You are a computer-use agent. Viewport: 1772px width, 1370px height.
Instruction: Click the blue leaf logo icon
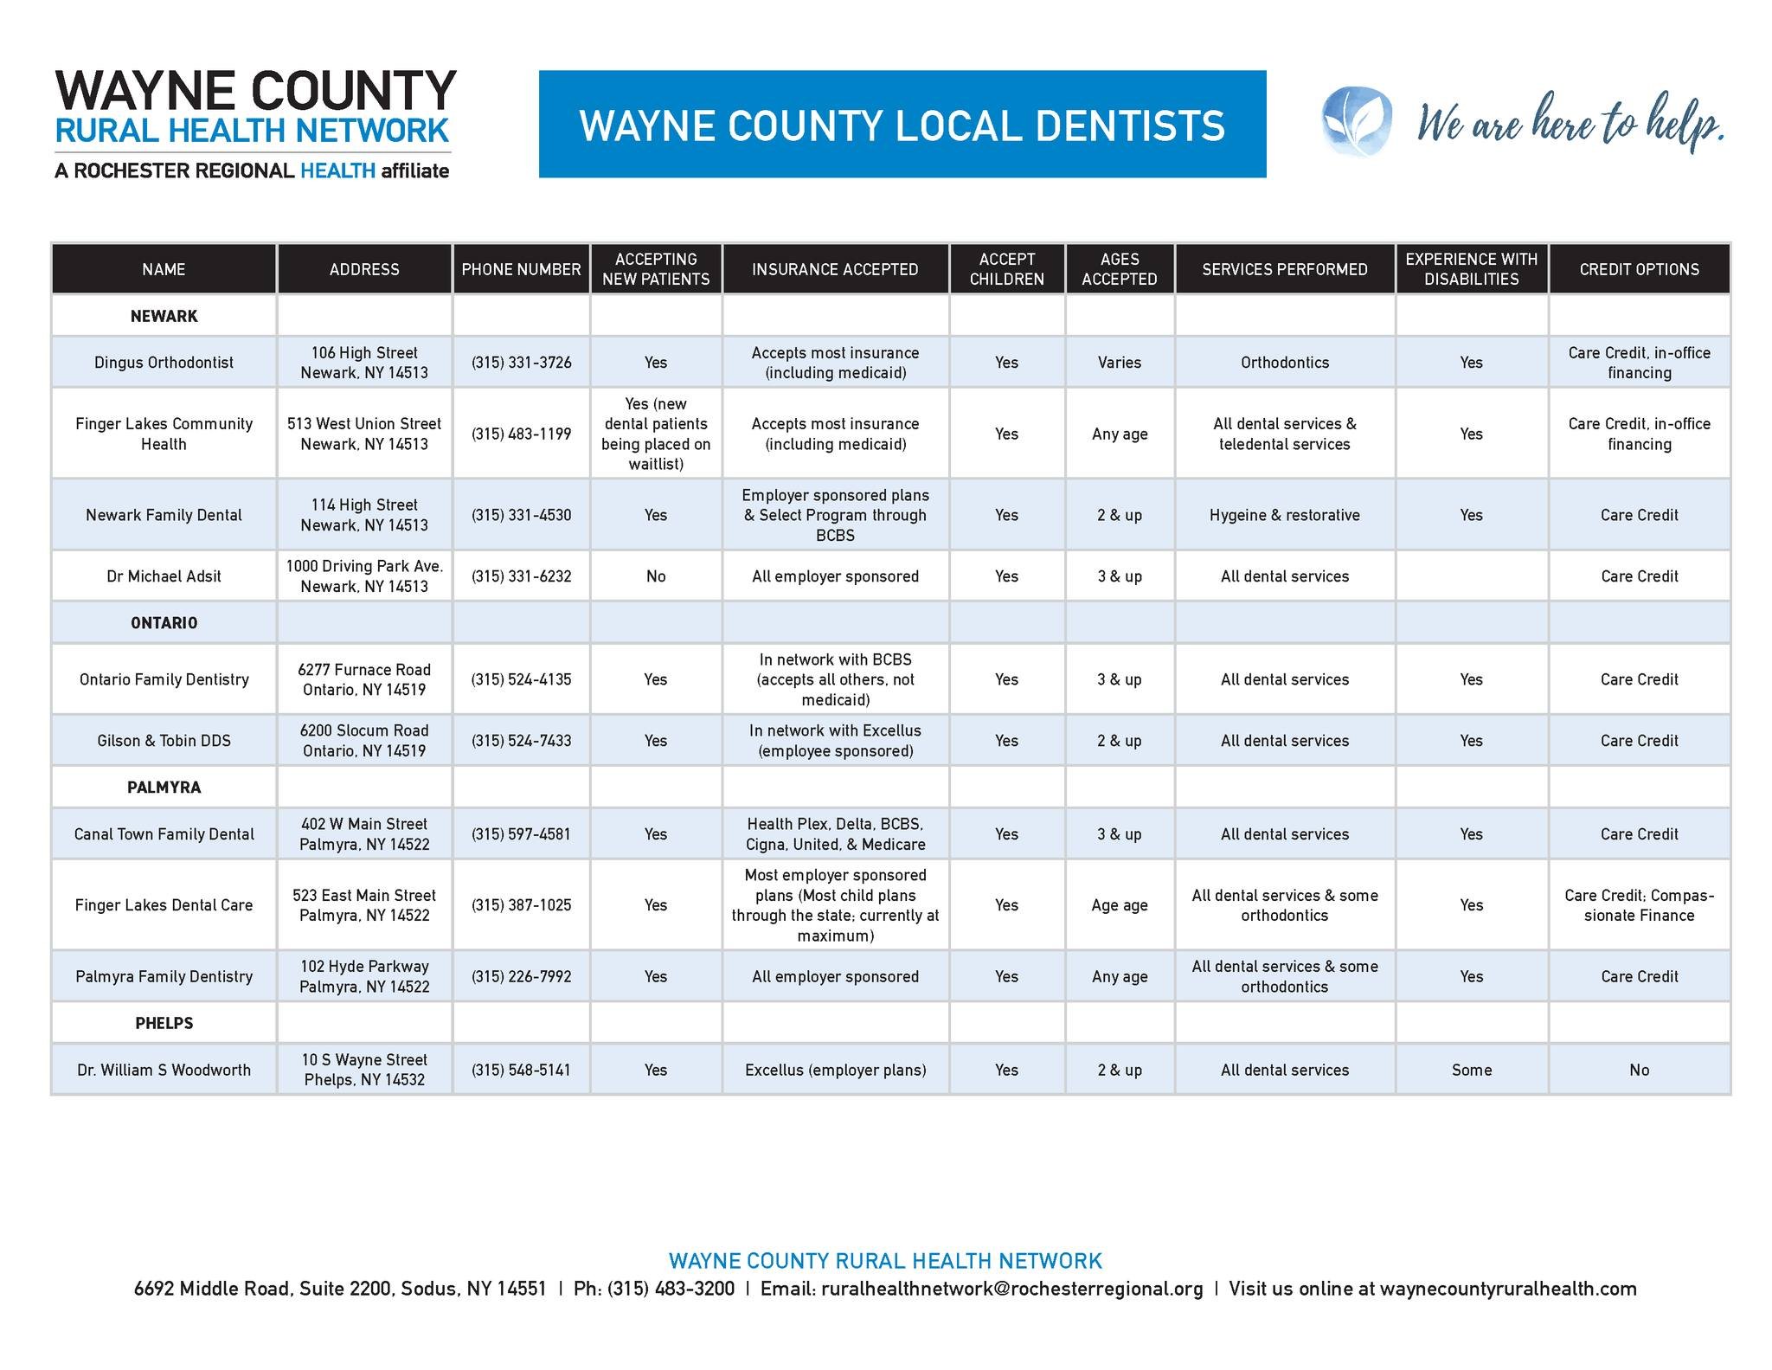[x=1357, y=121]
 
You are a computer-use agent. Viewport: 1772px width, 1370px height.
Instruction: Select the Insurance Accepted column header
[x=835, y=269]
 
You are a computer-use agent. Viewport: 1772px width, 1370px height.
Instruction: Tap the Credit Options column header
[x=1639, y=269]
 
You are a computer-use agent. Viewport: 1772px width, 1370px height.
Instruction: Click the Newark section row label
[x=164, y=316]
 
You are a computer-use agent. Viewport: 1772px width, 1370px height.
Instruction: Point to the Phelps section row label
[x=164, y=1023]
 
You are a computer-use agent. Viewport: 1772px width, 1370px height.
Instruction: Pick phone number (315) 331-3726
[x=521, y=363]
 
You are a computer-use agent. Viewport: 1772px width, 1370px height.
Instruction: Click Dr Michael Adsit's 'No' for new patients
[x=656, y=576]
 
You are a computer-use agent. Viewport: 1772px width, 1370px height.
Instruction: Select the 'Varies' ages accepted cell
[x=1120, y=363]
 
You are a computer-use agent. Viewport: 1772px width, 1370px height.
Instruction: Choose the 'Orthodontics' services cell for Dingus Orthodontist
[x=1285, y=363]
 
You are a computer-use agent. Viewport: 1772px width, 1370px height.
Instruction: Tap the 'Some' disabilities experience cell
[x=1471, y=1070]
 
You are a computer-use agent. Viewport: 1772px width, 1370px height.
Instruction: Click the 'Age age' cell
[x=1120, y=905]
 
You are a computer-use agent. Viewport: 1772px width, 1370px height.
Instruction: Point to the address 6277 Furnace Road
[x=364, y=670]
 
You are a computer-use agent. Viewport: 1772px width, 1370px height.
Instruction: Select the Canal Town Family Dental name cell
[x=164, y=834]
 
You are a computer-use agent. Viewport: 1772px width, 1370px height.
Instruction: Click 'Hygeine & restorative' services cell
[x=1285, y=515]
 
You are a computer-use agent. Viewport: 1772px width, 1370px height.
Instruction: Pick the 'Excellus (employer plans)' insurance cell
[x=835, y=1070]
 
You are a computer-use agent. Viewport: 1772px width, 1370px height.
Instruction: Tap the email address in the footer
[x=1011, y=1289]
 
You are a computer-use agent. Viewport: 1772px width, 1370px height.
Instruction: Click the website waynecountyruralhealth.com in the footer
[x=1508, y=1289]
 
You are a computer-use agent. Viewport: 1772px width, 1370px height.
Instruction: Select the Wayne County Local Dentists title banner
[x=902, y=125]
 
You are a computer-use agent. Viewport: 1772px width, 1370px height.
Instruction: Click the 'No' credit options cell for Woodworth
[x=1639, y=1070]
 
